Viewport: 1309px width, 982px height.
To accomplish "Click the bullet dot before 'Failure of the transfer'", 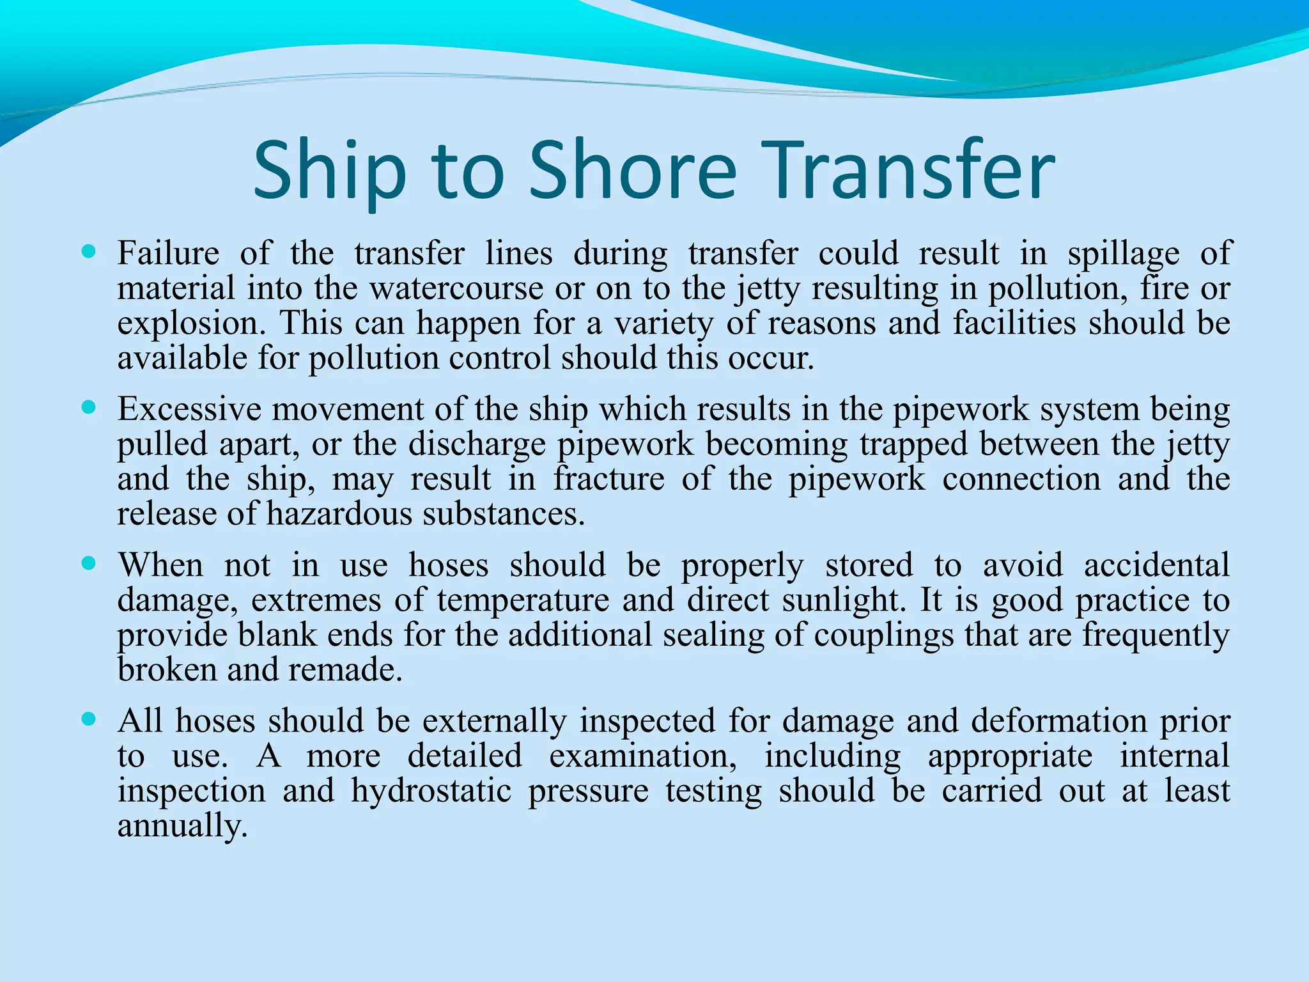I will coord(89,252).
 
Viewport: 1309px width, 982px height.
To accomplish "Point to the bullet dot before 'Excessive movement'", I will coord(89,407).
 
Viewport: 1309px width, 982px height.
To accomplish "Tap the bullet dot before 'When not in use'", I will coord(89,563).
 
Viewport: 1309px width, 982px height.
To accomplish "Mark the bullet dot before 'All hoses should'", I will coord(89,719).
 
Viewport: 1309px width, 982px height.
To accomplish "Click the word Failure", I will coord(168,253).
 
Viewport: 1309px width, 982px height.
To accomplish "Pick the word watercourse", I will coord(456,288).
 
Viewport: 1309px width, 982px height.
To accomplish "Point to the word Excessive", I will coord(189,409).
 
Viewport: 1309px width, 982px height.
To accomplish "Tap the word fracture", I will coord(609,479).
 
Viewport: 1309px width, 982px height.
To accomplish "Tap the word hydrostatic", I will coord(431,791).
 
